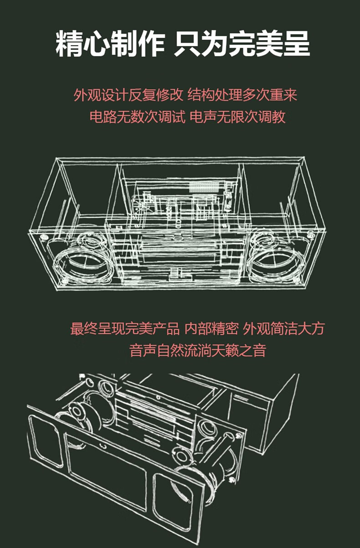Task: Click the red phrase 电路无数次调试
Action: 137,117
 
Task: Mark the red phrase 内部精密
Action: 212,328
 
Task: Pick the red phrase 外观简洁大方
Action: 284,328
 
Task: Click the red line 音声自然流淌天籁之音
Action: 198,350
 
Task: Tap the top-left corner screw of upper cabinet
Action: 44,237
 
